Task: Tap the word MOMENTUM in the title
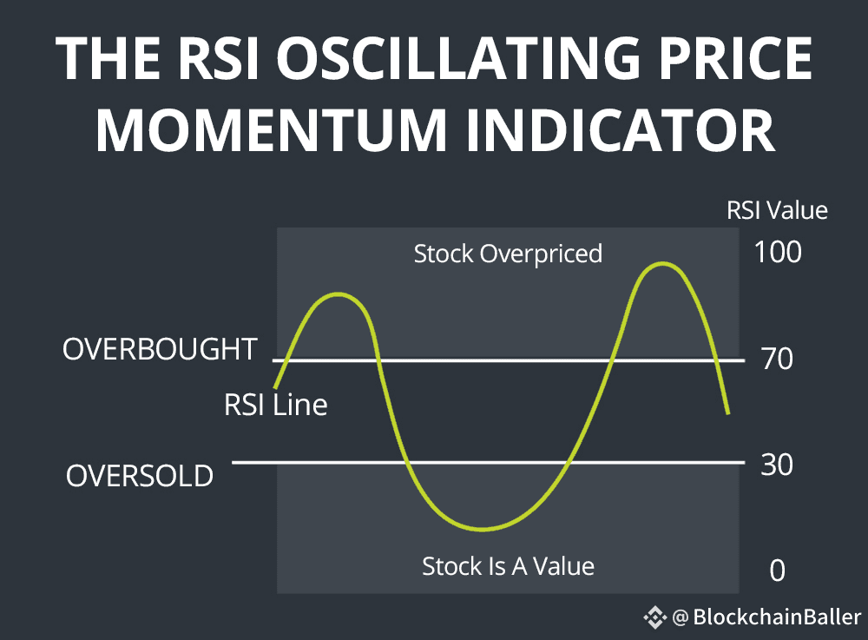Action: click(x=271, y=130)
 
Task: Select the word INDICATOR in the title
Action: click(x=620, y=130)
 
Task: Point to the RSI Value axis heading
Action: click(x=777, y=210)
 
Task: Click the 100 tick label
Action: click(x=778, y=252)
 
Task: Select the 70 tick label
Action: click(x=777, y=359)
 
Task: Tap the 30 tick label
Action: click(x=777, y=465)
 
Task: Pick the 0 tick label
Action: click(x=777, y=571)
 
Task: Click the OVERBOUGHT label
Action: click(x=160, y=349)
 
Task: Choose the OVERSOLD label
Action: click(x=140, y=476)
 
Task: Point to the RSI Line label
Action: click(x=276, y=405)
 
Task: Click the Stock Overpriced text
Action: click(x=508, y=254)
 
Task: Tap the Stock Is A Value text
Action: click(x=508, y=566)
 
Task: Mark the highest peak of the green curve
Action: click(x=662, y=264)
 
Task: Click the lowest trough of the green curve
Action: click(x=483, y=529)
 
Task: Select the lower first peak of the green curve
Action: click(x=338, y=294)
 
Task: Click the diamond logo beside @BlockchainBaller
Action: click(x=654, y=617)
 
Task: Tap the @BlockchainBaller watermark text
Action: click(x=766, y=617)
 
